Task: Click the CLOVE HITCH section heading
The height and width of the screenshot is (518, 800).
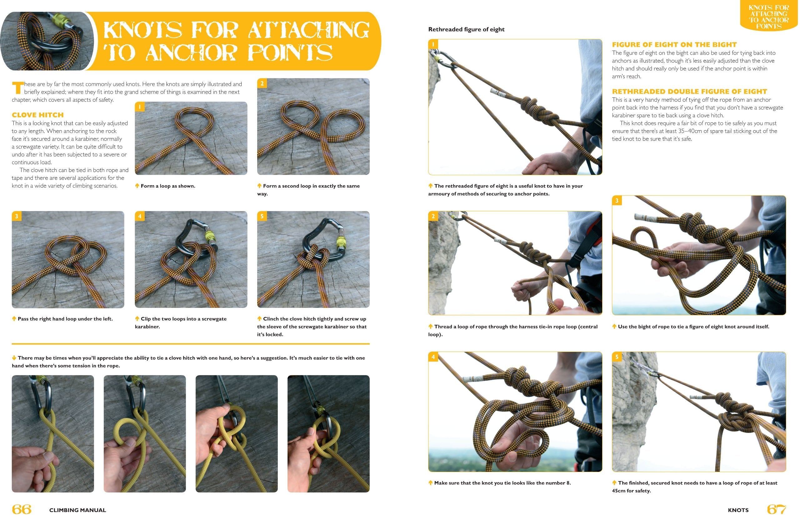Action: (37, 115)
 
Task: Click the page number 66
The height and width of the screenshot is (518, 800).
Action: (22, 509)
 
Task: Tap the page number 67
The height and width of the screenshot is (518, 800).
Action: (777, 509)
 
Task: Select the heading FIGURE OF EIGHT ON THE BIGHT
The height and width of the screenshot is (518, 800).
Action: (674, 45)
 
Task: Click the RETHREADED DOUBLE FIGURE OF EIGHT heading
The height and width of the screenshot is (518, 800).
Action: (689, 91)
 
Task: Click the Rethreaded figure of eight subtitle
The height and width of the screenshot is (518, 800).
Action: (466, 30)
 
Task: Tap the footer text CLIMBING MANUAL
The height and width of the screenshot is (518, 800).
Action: (77, 510)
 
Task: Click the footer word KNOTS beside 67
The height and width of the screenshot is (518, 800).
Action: (738, 510)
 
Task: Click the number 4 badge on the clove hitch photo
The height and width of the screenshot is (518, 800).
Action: (140, 216)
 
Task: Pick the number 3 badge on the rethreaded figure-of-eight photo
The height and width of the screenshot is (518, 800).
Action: (617, 200)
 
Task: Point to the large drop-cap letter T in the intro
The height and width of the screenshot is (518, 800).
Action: (17, 88)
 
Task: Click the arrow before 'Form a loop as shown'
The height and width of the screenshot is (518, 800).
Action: (137, 186)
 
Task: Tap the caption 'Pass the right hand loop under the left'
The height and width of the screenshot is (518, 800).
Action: (65, 319)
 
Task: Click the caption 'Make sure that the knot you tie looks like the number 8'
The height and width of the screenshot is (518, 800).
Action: (502, 483)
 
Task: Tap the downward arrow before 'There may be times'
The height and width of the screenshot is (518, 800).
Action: (14, 358)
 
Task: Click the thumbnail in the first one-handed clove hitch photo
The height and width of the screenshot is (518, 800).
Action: (47, 456)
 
